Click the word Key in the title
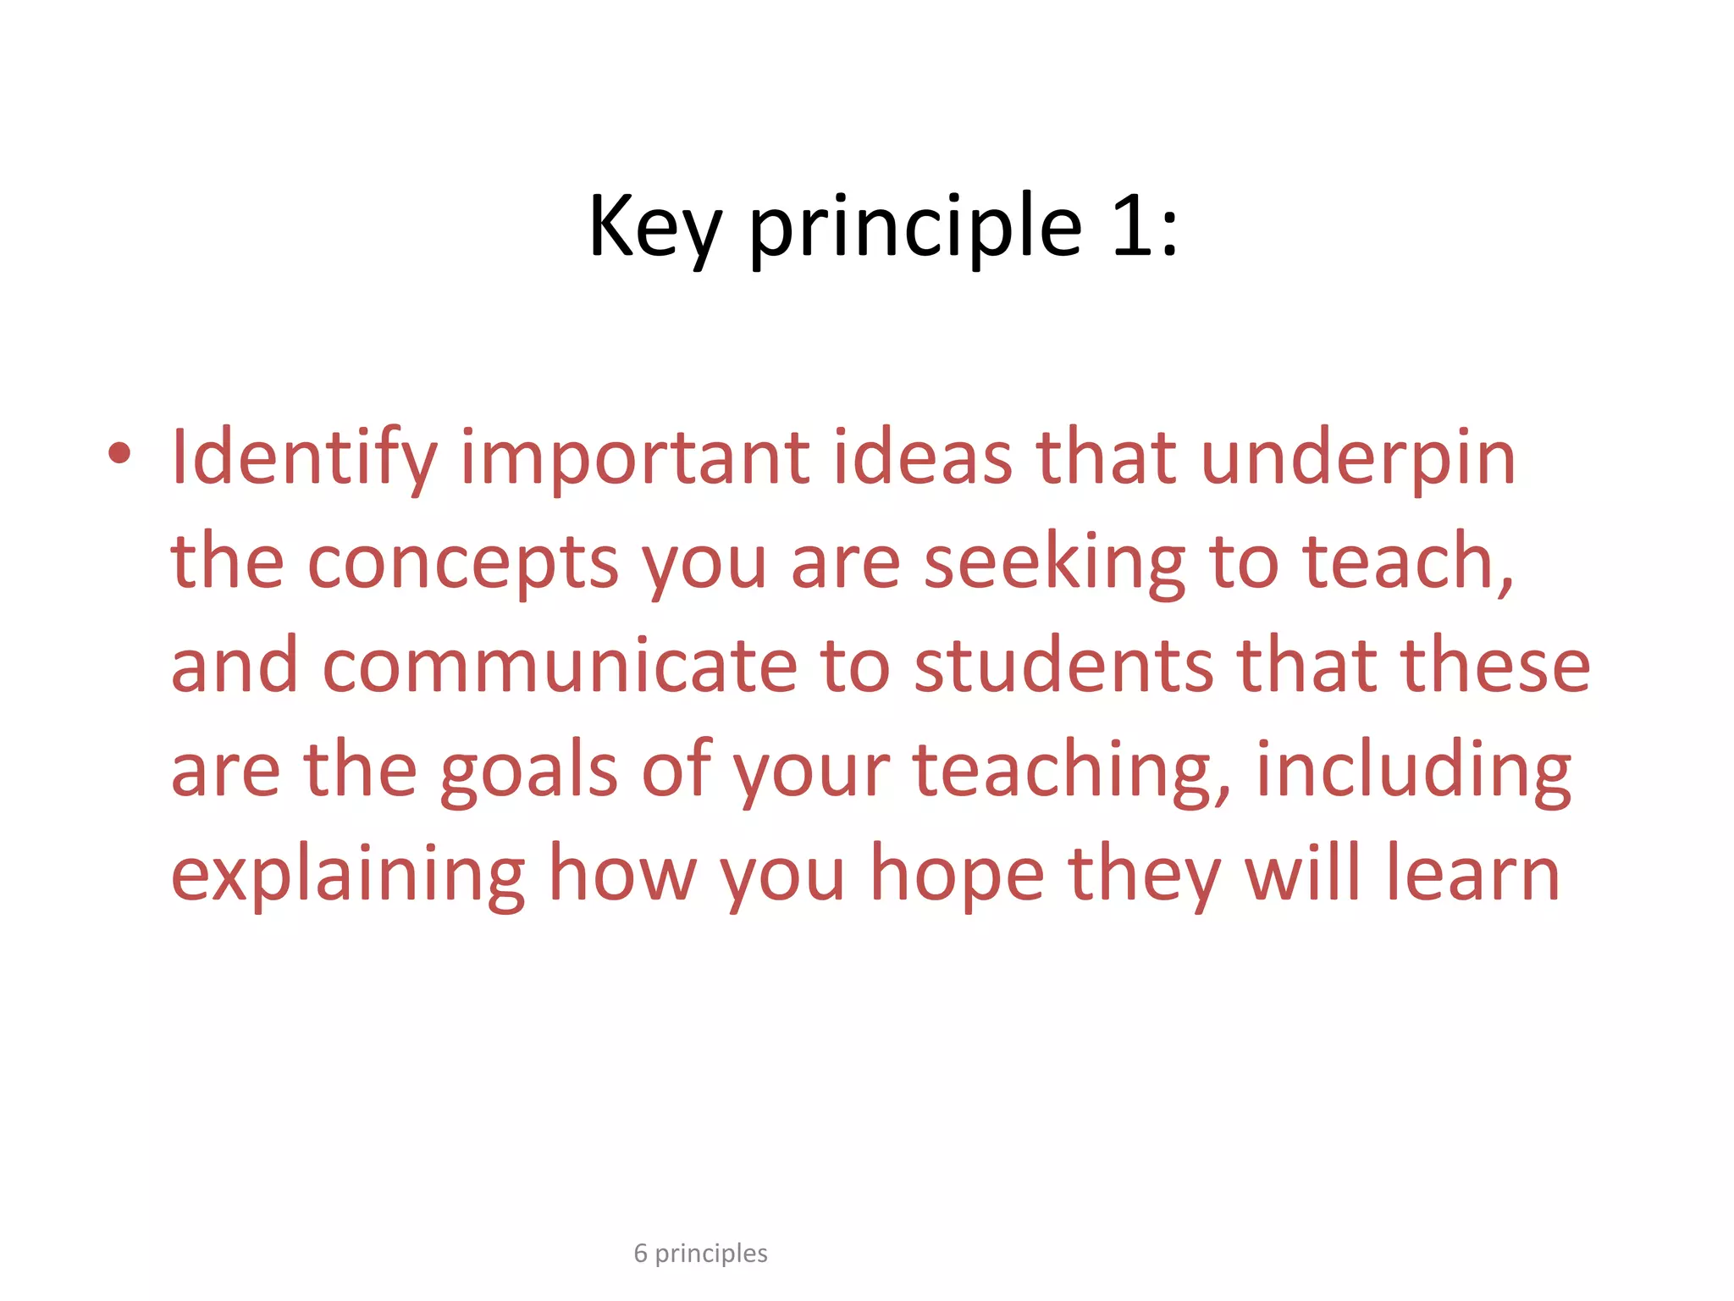tap(654, 227)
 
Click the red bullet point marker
tap(119, 454)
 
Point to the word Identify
tap(303, 458)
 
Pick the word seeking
tap(1054, 562)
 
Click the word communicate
tap(560, 666)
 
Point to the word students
tap(1064, 666)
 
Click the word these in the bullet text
tap(1495, 666)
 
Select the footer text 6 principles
tap(700, 1253)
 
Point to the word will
tap(1305, 874)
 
